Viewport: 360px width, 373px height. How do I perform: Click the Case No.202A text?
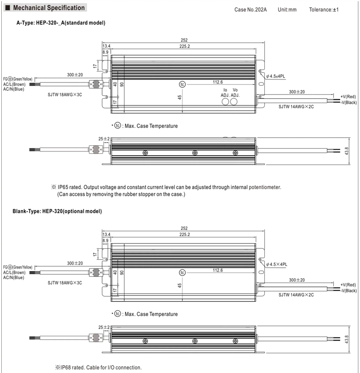(250, 10)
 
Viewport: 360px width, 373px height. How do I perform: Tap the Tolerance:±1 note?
(324, 10)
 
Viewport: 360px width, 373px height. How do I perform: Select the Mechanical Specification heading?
(49, 7)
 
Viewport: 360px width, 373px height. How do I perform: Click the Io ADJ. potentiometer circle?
(225, 101)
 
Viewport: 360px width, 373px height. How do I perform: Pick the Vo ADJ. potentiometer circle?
(234, 101)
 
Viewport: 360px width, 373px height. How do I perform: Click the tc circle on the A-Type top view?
(182, 84)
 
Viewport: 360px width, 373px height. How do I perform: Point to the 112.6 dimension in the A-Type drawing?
(217, 82)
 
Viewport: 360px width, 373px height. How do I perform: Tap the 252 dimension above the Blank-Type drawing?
(184, 228)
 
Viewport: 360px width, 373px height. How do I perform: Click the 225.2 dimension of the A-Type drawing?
(185, 46)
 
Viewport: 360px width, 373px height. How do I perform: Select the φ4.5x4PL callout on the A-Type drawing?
(275, 76)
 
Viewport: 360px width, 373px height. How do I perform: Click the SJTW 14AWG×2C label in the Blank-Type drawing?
(296, 295)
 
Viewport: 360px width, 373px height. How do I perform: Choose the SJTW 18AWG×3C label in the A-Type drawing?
(64, 94)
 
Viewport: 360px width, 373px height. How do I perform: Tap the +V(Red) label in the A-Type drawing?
(348, 97)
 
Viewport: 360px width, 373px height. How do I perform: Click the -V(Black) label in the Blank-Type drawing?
(349, 291)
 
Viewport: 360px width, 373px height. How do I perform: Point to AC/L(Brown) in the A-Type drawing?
(14, 84)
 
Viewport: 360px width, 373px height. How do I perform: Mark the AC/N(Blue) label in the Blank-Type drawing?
(14, 277)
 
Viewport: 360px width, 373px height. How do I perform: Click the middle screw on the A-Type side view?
(195, 153)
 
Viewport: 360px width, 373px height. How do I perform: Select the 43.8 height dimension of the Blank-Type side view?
(346, 339)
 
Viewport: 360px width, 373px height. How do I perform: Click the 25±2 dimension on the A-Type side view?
(104, 139)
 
